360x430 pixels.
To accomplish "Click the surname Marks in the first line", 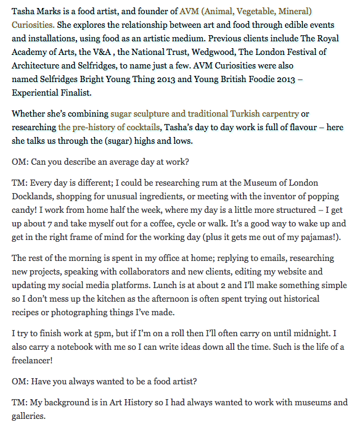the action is (x=51, y=11).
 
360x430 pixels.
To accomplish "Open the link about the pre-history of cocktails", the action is (x=109, y=127).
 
